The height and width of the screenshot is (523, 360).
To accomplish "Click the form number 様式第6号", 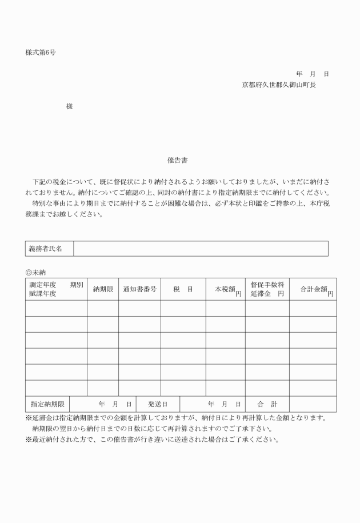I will [x=40, y=52].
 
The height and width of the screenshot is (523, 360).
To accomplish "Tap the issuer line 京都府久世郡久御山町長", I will [x=279, y=85].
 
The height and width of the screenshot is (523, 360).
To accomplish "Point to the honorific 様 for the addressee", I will [x=69, y=106].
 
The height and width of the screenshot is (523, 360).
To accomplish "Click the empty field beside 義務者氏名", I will [x=201, y=249].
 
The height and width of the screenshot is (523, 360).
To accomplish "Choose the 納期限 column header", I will [x=102, y=289].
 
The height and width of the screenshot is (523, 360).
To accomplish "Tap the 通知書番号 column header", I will [x=139, y=289].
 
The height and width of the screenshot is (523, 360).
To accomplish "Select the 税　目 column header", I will [x=183, y=289].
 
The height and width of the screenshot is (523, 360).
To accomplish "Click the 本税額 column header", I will [x=226, y=289].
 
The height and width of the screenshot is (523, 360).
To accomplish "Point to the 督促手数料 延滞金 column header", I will [x=267, y=289].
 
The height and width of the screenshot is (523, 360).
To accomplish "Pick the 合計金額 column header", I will [x=313, y=289].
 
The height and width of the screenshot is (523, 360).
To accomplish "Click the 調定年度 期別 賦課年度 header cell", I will [x=56, y=289].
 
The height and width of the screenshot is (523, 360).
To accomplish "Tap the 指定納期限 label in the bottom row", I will [x=47, y=404].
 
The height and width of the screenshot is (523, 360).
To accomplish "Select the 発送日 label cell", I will [x=158, y=404].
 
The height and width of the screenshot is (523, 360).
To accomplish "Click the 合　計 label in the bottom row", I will [x=266, y=404].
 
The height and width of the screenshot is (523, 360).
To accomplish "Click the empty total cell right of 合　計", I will [x=313, y=404].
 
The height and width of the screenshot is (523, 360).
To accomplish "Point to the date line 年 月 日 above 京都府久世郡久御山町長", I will [x=312, y=74].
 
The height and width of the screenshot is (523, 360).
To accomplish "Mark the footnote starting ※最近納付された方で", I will [x=153, y=440].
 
